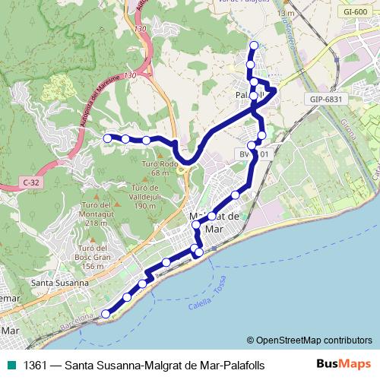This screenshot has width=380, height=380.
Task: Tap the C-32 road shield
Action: click(x=31, y=182)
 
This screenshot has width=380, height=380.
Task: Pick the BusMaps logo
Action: click(x=345, y=365)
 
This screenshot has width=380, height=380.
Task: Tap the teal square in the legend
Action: click(x=11, y=366)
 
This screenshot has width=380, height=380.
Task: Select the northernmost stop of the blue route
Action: click(x=254, y=45)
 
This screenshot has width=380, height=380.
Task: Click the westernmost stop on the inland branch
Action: click(x=107, y=138)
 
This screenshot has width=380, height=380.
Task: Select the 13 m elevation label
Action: click(x=285, y=14)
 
